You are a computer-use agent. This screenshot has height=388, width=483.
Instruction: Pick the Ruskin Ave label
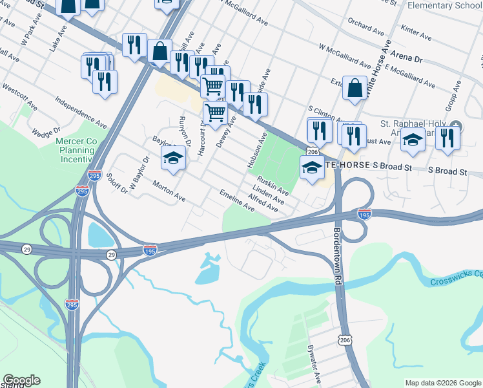273,185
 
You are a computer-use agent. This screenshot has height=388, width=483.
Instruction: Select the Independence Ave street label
81,112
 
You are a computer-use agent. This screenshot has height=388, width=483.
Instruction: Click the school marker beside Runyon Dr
173,158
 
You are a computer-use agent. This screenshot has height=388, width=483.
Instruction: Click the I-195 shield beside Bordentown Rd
364,214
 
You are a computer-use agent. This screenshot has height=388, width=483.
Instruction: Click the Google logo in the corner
21,380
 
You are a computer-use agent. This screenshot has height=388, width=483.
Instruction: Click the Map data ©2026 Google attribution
442,383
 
